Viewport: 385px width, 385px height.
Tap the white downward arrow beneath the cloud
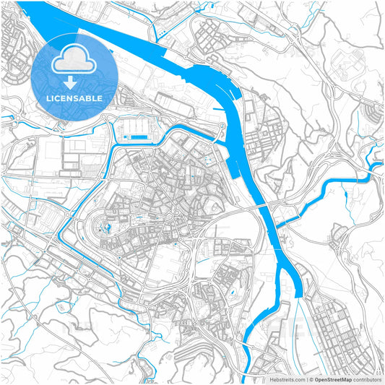click(x=74, y=83)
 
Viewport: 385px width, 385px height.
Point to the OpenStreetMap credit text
click(x=334, y=378)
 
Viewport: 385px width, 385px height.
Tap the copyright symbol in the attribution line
click(x=311, y=378)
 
